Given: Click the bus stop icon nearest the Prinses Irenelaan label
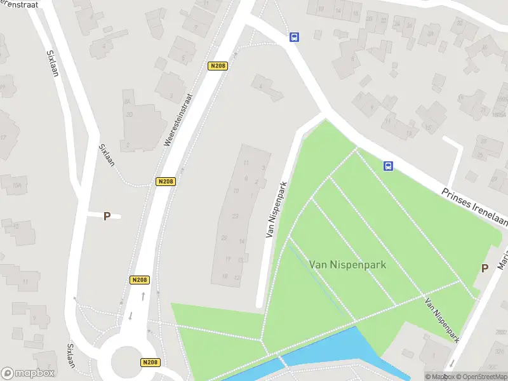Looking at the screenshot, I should coord(388,166).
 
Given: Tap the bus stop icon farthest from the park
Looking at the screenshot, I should coord(294,37).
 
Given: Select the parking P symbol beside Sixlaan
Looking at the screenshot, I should coord(107,216).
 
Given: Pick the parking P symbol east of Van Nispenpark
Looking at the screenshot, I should coord(485,268).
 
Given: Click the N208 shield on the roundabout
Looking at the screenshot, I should coord(150,362).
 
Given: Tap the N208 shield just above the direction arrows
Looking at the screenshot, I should coord(140,280).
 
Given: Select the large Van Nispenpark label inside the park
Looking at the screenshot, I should coord(347,264).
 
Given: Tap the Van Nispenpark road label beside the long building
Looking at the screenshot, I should coord(275,209).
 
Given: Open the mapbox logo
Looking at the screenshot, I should coord(27,373).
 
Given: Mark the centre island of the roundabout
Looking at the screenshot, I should coord(130,361).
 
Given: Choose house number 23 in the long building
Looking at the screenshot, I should coord(235,217).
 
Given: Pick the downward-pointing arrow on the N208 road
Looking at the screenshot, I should coord(131,316).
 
